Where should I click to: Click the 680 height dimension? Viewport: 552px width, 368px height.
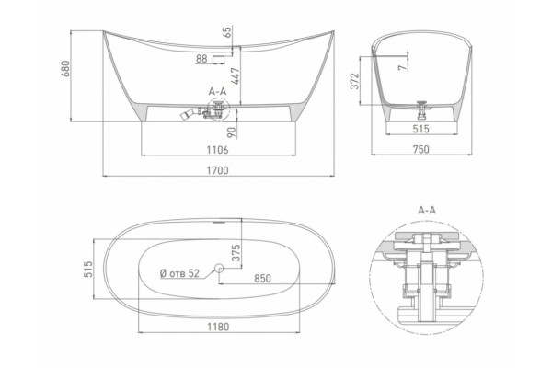tap(66, 69)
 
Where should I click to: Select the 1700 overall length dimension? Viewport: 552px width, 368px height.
tap(217, 170)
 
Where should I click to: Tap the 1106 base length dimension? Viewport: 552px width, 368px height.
tap(217, 150)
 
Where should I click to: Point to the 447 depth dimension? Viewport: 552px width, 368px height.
tap(235, 75)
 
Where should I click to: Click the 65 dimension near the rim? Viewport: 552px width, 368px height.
tap(228, 32)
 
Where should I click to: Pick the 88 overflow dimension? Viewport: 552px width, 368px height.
tap(201, 59)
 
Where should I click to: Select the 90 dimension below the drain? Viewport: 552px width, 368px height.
tap(231, 132)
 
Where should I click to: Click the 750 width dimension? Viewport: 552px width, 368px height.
tap(421, 150)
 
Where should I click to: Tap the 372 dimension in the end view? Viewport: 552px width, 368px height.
tap(355, 81)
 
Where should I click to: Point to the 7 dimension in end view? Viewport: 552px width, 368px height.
tap(402, 66)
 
